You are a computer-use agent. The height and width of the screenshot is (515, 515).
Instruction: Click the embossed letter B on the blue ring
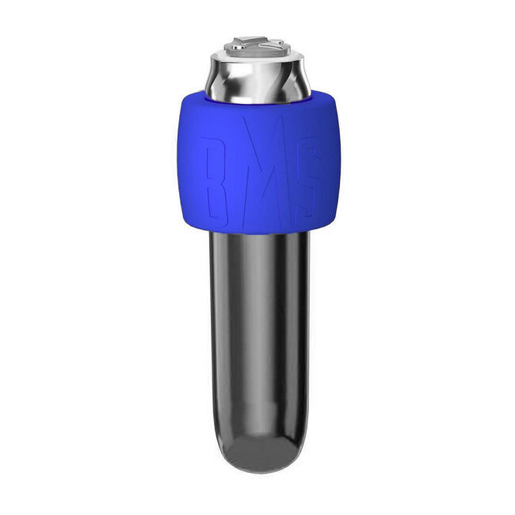tap(216, 182)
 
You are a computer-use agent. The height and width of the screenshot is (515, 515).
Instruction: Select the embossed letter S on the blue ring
tap(307, 177)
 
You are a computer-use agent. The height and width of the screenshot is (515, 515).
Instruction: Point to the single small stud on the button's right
tap(280, 42)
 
